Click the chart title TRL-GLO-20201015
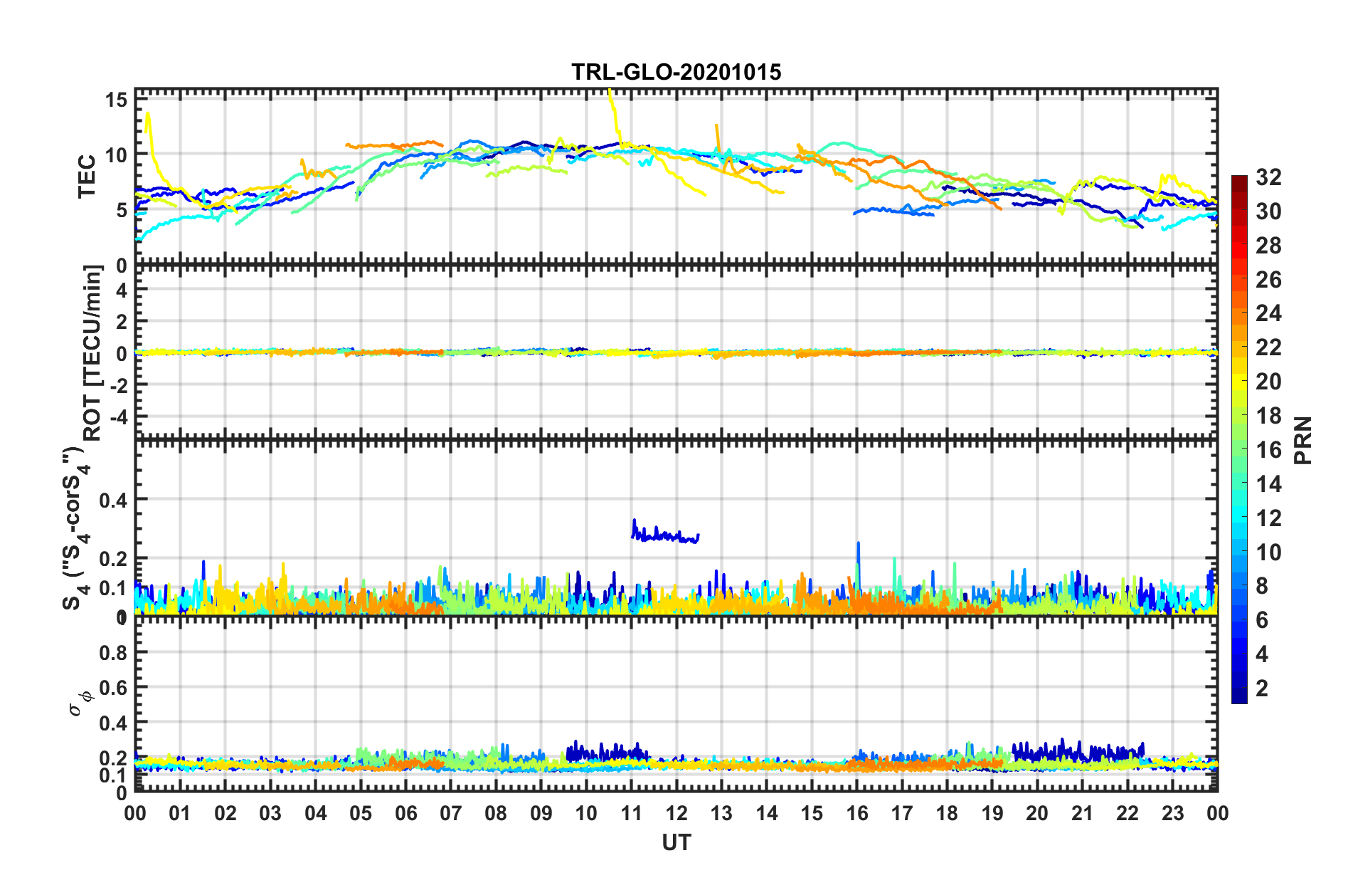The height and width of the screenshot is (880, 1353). click(676, 72)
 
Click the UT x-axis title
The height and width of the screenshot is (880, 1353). click(676, 842)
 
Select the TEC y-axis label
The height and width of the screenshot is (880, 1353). click(87, 176)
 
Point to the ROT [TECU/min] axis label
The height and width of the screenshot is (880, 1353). click(93, 352)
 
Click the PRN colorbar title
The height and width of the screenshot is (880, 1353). click(1302, 440)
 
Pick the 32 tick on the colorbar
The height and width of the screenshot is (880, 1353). click(1268, 177)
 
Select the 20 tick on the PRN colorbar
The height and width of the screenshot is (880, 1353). click(1268, 382)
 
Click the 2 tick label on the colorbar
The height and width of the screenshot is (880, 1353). click(1262, 688)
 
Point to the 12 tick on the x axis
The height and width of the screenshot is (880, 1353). click(676, 813)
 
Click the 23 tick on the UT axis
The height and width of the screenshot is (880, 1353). click(1172, 813)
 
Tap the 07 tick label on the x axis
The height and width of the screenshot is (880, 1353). click(451, 813)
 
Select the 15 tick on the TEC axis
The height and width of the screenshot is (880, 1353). click(117, 100)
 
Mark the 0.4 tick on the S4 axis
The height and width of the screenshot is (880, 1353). click(113, 500)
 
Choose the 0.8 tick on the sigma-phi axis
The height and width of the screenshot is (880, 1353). click(113, 653)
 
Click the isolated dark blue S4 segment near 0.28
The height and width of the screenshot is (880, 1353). click(665, 535)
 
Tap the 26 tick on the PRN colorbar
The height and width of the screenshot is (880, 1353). click(1268, 280)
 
